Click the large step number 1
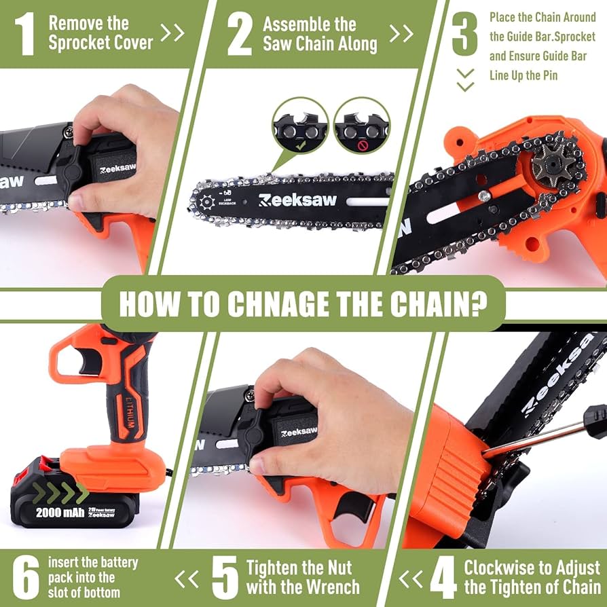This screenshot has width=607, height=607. [x=24, y=34]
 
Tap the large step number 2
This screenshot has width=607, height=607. [x=240, y=35]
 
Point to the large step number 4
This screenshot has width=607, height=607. [x=443, y=578]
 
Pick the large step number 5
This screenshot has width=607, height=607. [x=225, y=578]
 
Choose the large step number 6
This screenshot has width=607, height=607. [x=26, y=578]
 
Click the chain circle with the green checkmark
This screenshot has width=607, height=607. [x=299, y=126]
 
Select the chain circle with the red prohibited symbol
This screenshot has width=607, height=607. [x=362, y=126]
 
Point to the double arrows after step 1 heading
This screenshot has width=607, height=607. [x=172, y=33]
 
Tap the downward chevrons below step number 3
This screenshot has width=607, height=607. [x=465, y=79]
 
